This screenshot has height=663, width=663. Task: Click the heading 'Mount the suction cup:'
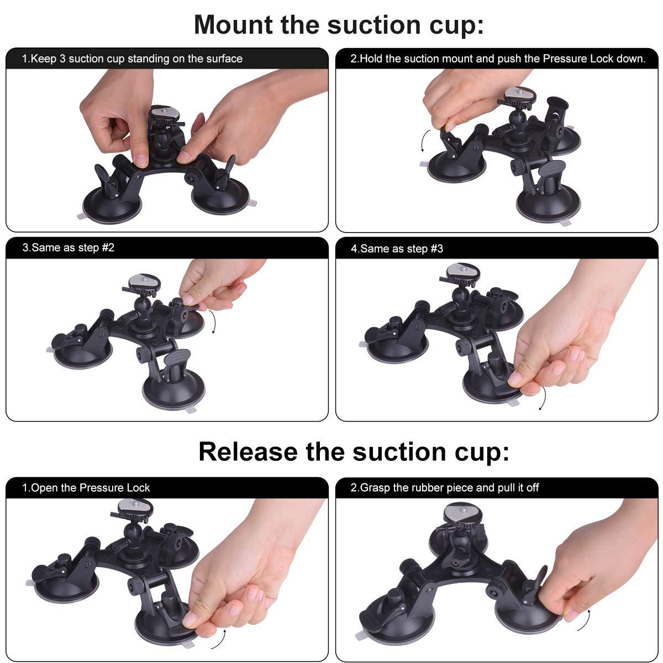coord(339,24)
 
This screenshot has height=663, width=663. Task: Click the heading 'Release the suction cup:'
coord(354,451)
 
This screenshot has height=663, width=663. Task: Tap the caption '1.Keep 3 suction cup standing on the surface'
coord(132,59)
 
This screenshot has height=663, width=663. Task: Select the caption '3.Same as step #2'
coord(68,248)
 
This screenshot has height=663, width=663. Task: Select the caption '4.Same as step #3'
coord(397,249)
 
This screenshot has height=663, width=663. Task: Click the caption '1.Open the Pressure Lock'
coord(86,488)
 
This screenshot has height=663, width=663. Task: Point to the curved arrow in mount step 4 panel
coord(543,398)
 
